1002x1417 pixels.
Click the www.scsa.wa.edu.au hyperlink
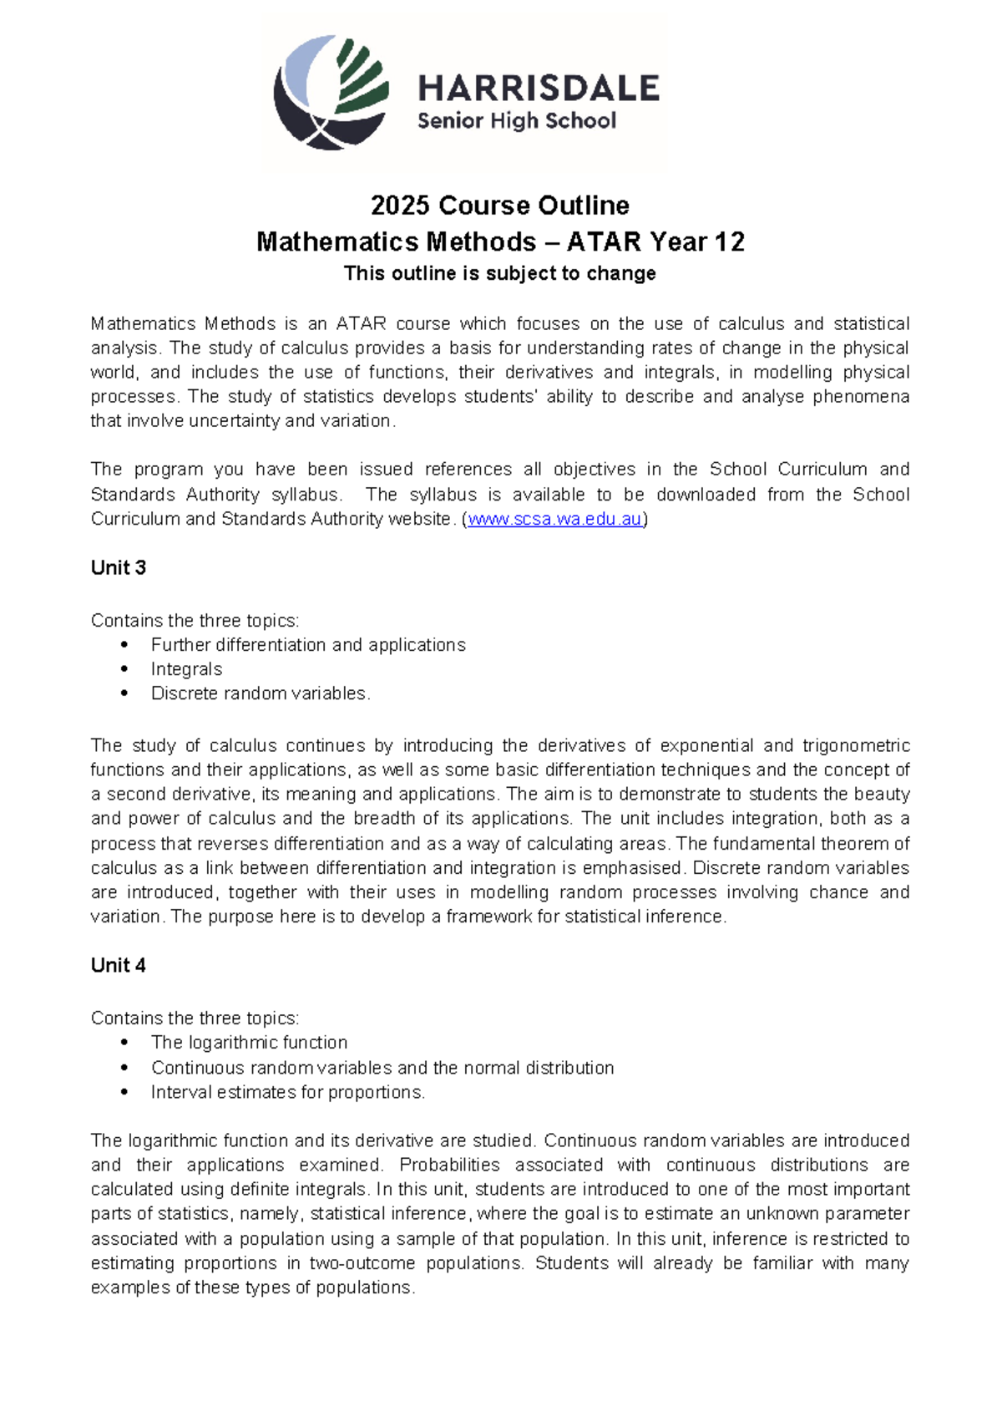click(554, 519)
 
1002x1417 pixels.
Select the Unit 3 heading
click(118, 568)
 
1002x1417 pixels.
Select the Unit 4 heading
click(118, 966)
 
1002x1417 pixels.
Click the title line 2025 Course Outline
click(499, 206)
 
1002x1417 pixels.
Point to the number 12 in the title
click(729, 242)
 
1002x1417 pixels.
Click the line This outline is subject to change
click(499, 273)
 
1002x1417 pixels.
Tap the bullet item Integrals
click(186, 669)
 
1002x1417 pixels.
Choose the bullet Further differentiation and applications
click(308, 645)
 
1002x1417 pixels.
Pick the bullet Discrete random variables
click(260, 693)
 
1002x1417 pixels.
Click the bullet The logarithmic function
click(249, 1043)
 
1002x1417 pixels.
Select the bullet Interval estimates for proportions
click(287, 1092)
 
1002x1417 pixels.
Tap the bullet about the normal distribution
click(382, 1068)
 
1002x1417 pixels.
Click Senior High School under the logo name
click(516, 121)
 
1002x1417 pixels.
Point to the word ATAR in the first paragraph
click(361, 324)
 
